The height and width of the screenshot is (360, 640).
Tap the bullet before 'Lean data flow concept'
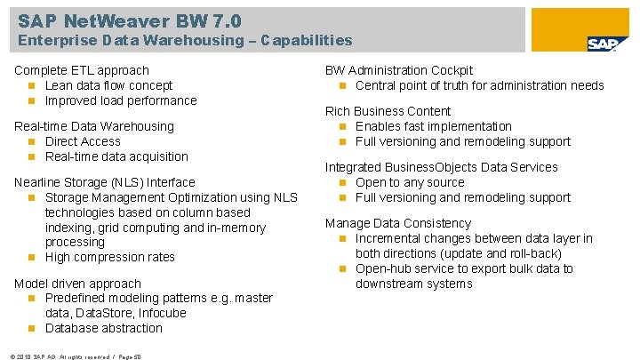pos(32,85)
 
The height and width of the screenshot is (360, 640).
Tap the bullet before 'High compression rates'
pos(32,258)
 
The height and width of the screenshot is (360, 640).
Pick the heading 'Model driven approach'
pos(78,284)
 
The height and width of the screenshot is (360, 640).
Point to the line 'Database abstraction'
pos(104,328)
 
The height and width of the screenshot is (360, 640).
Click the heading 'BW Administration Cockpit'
pos(399,70)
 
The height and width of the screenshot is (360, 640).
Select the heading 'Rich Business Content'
pos(388,111)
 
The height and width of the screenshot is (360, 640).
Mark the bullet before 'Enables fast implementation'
pos(342,126)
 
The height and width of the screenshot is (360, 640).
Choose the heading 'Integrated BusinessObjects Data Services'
pos(454,167)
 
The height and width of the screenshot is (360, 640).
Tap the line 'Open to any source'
pos(410,182)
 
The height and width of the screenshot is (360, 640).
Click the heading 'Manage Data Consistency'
pos(398,223)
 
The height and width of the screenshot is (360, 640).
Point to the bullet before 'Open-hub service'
pos(342,269)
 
